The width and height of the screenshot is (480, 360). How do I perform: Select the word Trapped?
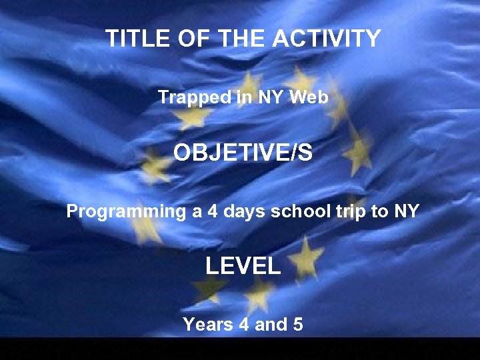[194, 97]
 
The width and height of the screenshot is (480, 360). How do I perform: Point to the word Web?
[310, 97]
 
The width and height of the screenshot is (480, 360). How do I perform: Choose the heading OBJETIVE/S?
[243, 153]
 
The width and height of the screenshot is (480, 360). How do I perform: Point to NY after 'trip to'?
[406, 211]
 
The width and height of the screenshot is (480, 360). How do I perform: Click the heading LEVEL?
[243, 267]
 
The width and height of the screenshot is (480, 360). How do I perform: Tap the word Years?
[207, 325]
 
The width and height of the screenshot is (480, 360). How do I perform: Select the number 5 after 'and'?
[298, 325]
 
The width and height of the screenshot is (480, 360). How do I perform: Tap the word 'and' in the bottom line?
[271, 325]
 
